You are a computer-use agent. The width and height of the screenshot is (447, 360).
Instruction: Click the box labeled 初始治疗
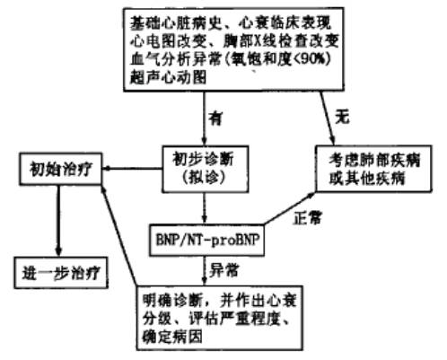59,167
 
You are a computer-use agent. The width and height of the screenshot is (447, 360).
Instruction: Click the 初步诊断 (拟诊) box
200,168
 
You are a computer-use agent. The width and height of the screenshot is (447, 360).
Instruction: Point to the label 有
215,114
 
